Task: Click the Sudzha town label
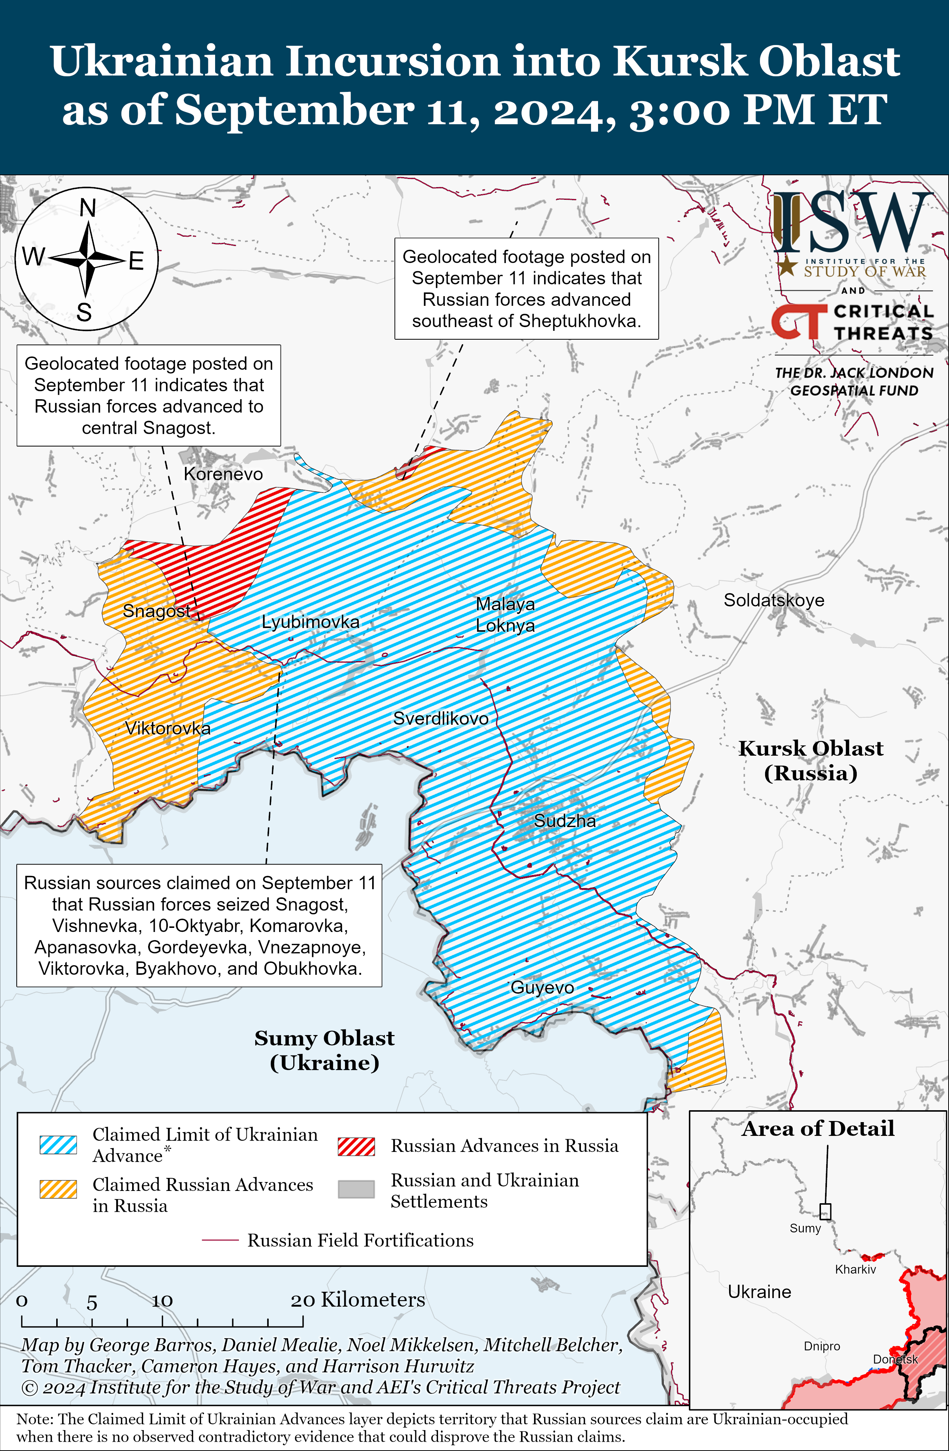tap(565, 821)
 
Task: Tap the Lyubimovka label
tap(310, 622)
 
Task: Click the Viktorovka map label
tap(168, 728)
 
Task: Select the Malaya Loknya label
tap(505, 615)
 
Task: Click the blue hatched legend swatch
tap(58, 1145)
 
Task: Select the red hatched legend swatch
tap(356, 1146)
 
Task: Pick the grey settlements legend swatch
tap(356, 1189)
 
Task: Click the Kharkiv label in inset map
tap(855, 1269)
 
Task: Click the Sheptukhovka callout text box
tap(526, 288)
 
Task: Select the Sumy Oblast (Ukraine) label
tap(325, 1050)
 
